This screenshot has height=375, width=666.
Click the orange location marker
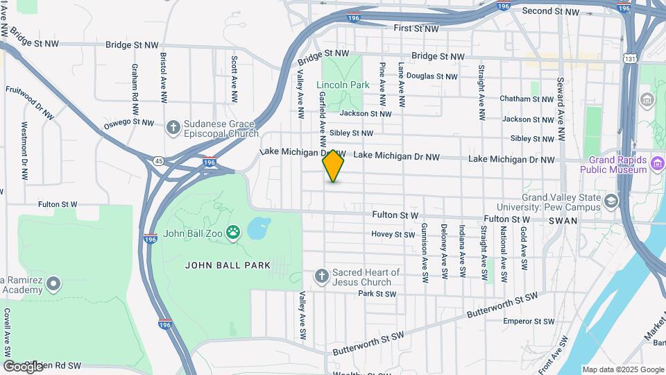[x=333, y=165]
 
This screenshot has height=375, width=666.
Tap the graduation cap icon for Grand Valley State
[x=611, y=201]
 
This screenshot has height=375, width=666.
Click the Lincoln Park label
[x=343, y=85]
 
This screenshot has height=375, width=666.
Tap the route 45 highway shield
[x=159, y=161]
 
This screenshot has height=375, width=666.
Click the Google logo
[x=23, y=366]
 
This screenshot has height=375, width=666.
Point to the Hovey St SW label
[x=393, y=235]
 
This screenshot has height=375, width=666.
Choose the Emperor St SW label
[x=529, y=322]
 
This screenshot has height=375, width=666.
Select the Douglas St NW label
[x=432, y=76]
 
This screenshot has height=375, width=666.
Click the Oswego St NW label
[x=128, y=123]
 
